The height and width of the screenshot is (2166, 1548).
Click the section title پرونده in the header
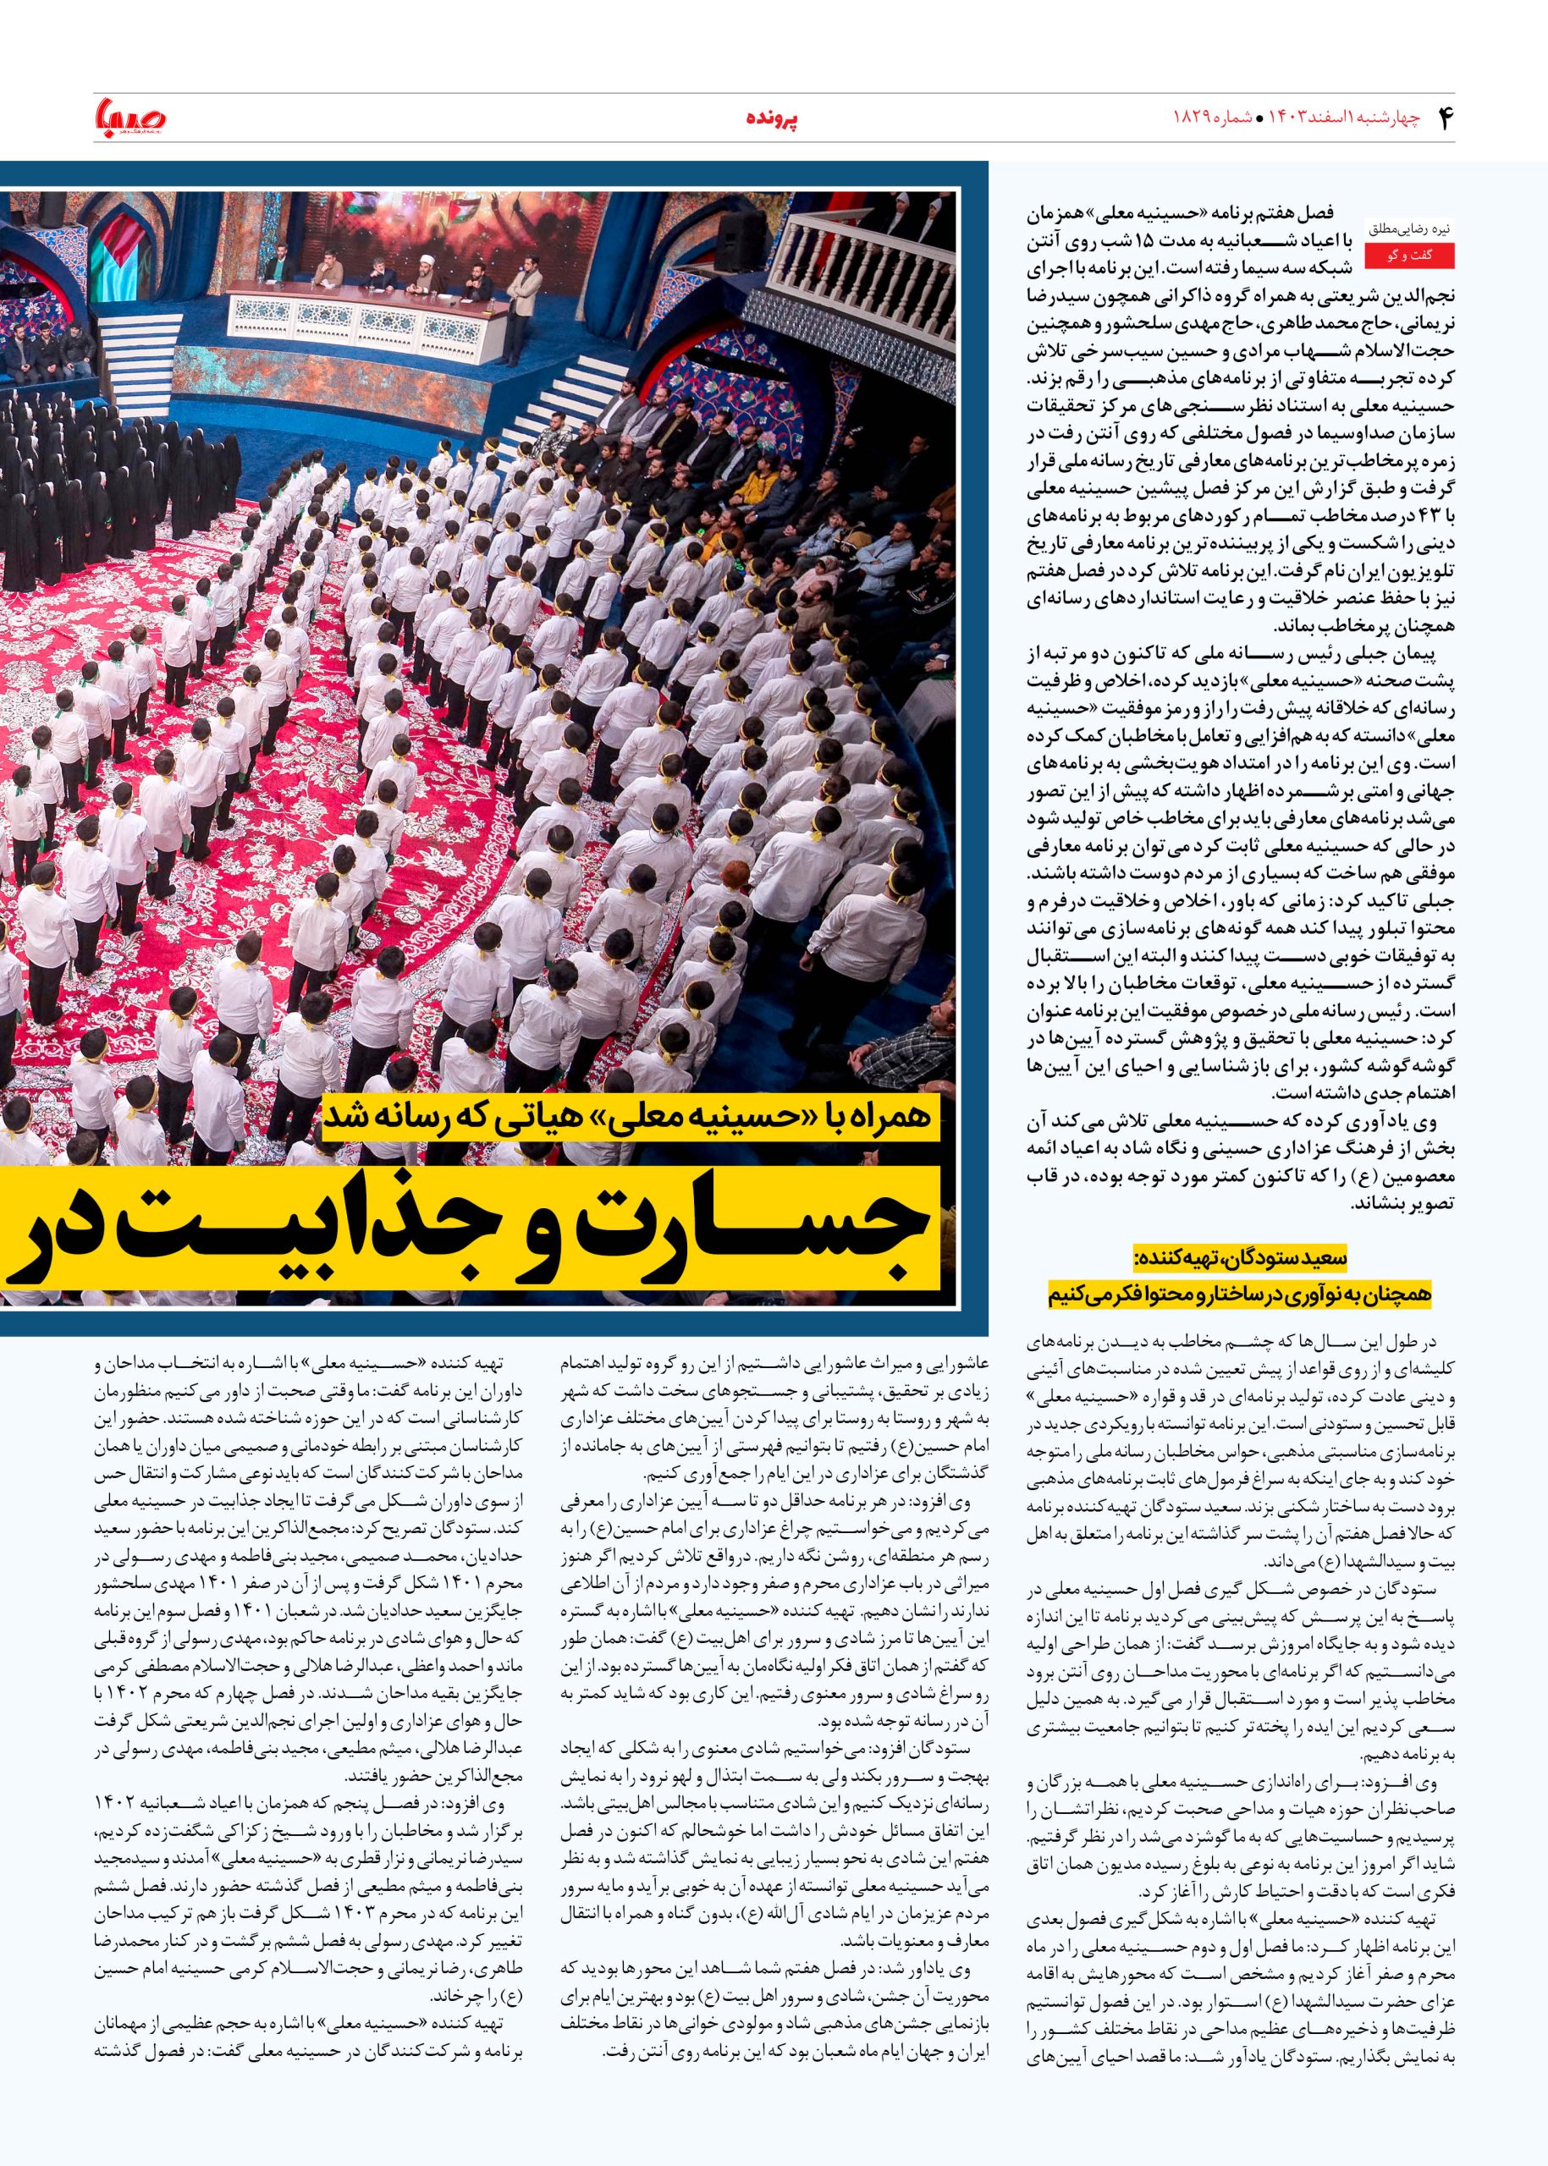(x=771, y=120)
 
